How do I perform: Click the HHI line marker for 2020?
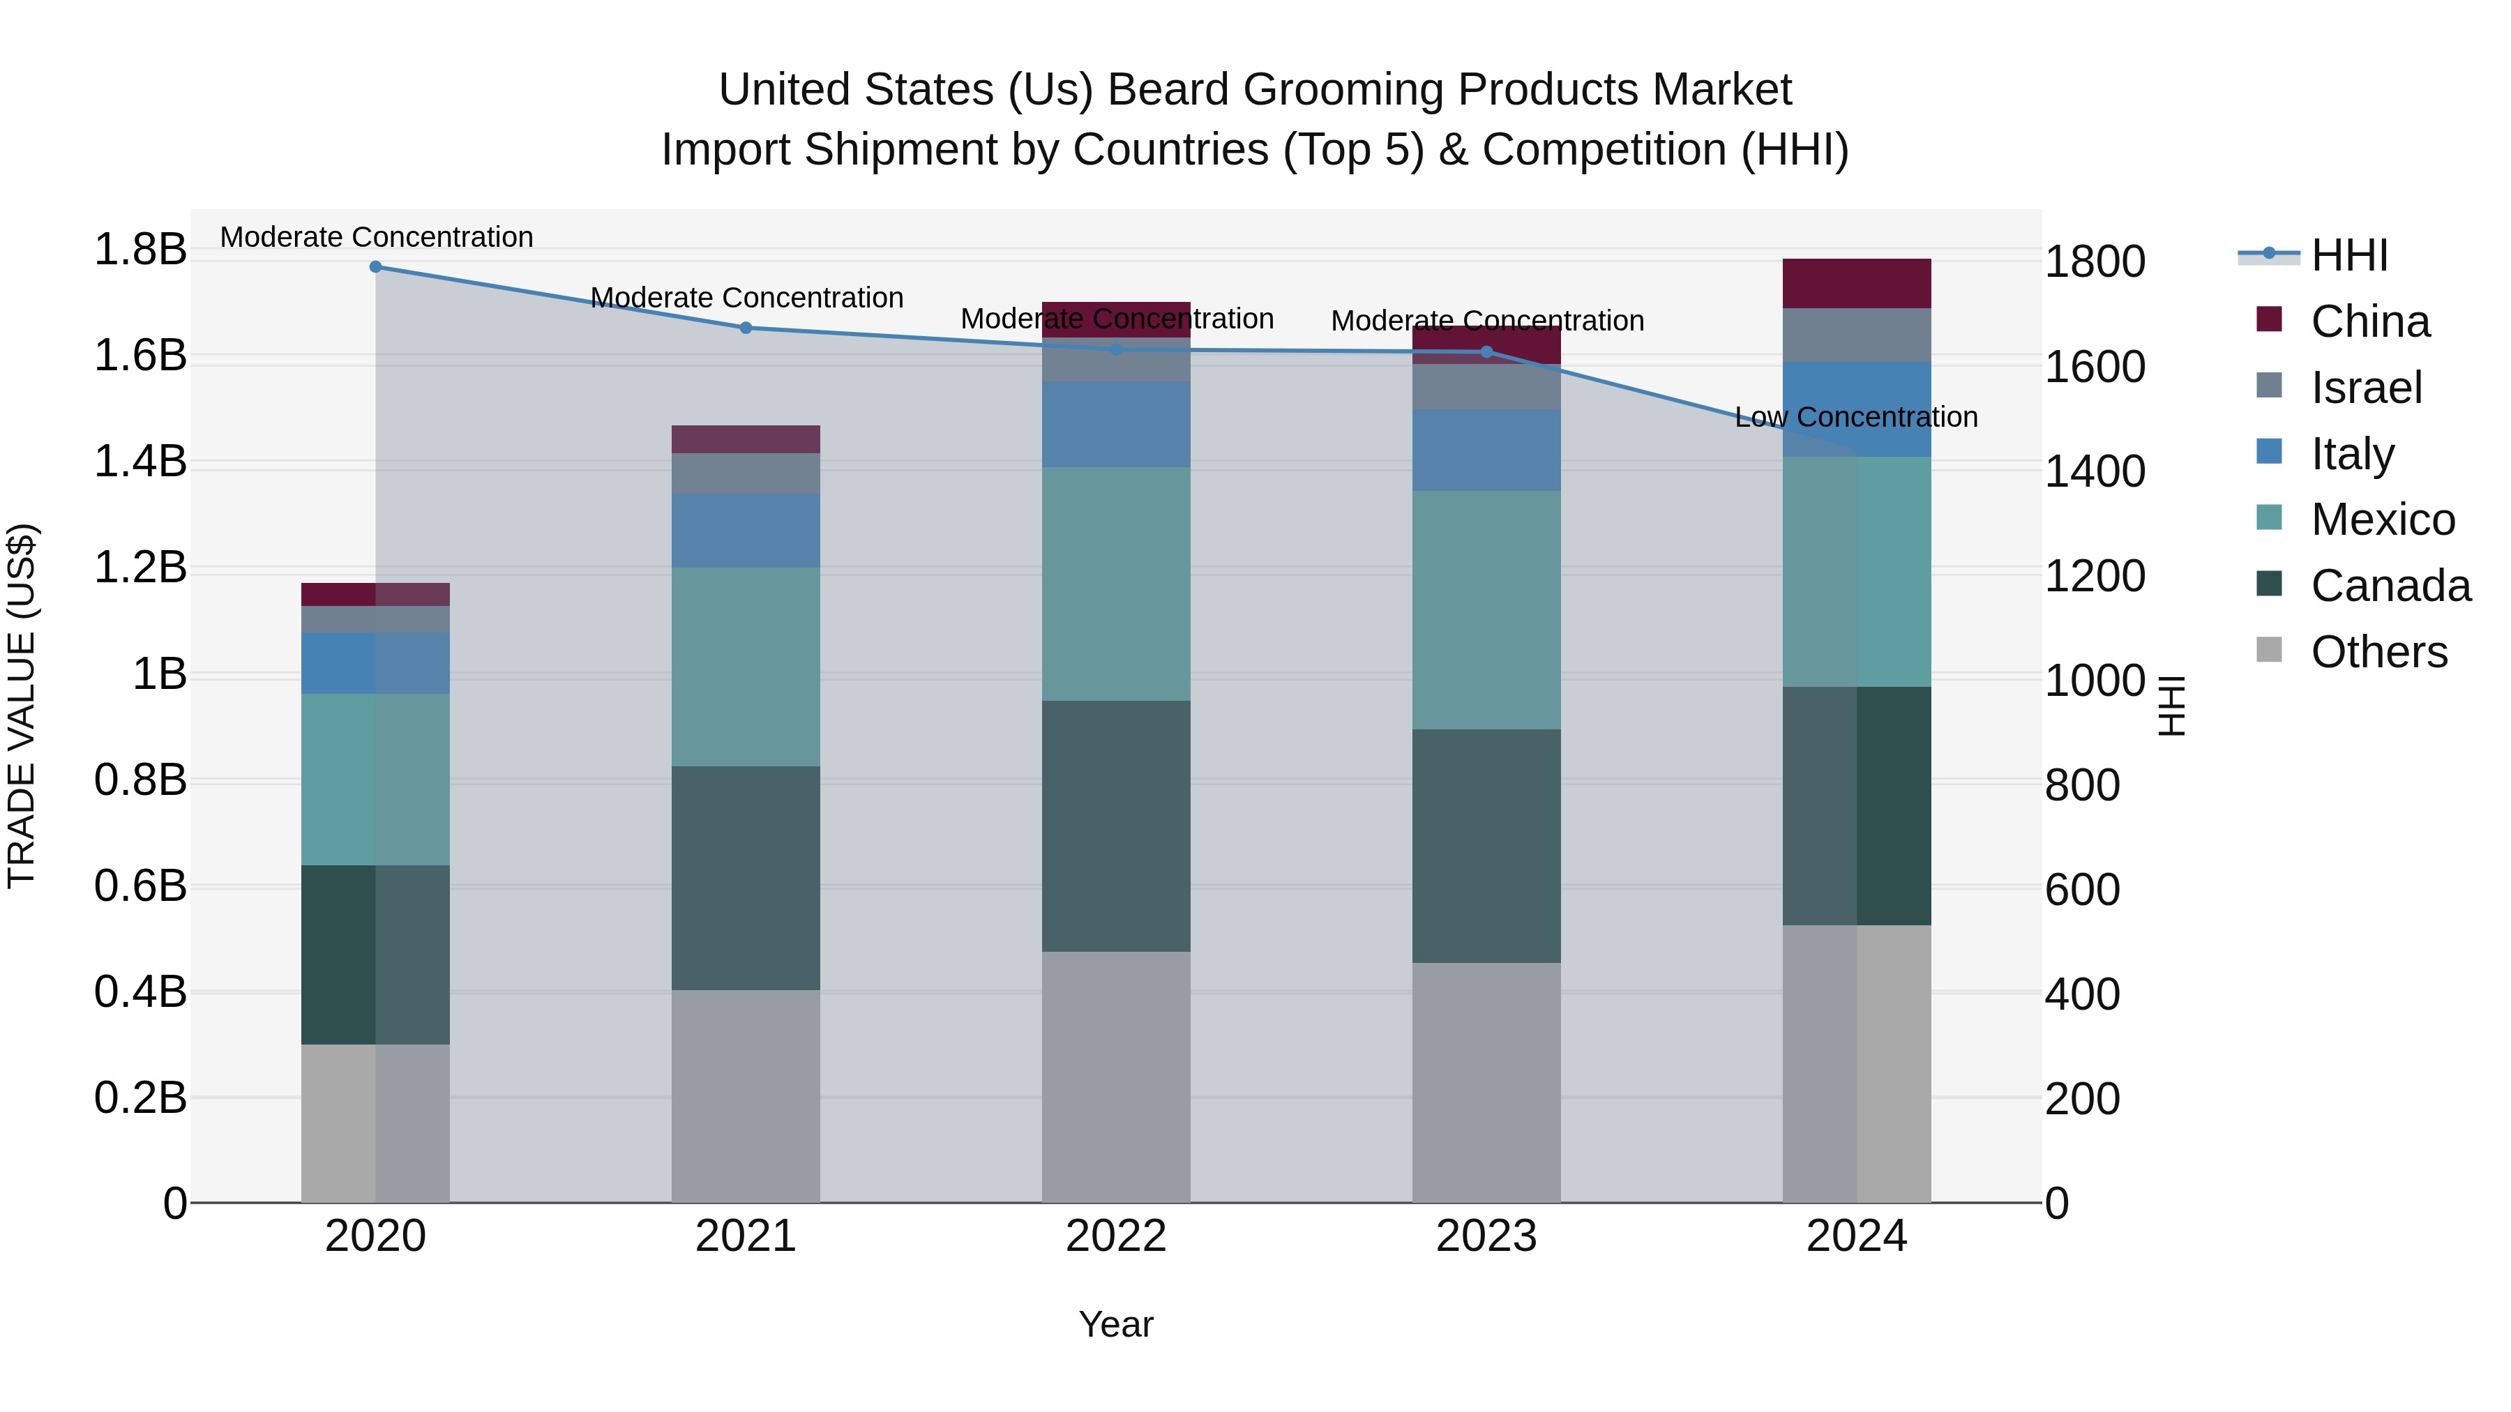(375, 267)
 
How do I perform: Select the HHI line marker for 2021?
(746, 328)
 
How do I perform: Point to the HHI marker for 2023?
(1486, 352)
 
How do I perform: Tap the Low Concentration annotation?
(1856, 417)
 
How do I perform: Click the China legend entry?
(2369, 321)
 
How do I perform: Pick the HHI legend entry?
(2348, 255)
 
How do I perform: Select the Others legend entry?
(2378, 652)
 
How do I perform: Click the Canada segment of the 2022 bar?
(1116, 826)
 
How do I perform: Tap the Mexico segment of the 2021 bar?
(746, 667)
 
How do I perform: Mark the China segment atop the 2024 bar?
(1856, 284)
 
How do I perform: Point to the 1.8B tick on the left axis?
(140, 250)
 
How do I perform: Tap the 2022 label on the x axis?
(1116, 1236)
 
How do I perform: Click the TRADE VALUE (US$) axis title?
(22, 706)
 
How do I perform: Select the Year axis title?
(1115, 1324)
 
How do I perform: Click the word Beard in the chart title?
(1167, 90)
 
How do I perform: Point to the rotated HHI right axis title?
(2172, 706)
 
